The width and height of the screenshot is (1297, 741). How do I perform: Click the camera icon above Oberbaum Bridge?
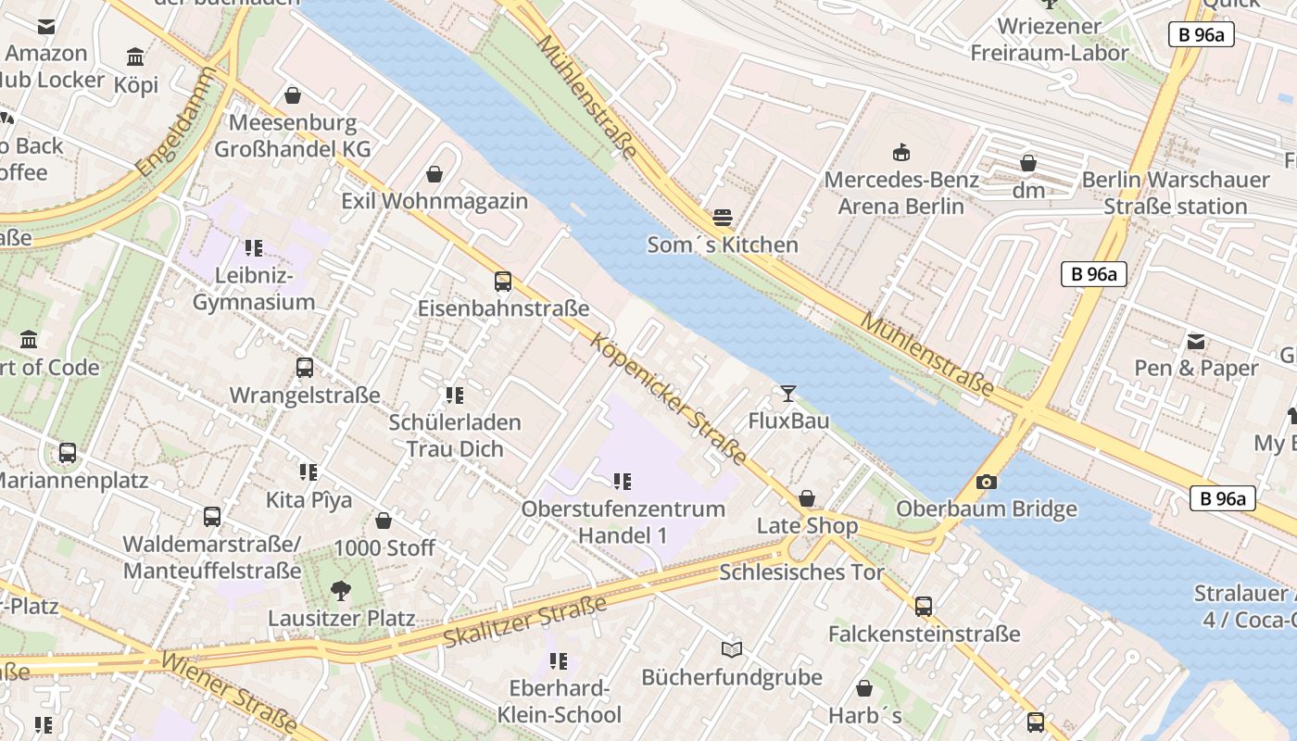click(987, 482)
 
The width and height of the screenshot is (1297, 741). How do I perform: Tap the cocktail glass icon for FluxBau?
click(787, 394)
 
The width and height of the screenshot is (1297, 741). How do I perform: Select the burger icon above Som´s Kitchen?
click(723, 218)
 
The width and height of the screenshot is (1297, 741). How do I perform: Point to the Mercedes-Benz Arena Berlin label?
click(901, 193)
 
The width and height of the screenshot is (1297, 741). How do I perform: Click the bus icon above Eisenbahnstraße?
click(503, 282)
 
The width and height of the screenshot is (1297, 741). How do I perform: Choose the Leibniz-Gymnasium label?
click(254, 289)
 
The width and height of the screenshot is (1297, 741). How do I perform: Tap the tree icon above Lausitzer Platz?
click(341, 591)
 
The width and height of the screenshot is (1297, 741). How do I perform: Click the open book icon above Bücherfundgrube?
click(732, 650)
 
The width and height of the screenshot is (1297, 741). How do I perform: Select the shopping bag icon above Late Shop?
click(807, 499)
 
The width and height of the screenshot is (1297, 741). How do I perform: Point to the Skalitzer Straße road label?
click(524, 622)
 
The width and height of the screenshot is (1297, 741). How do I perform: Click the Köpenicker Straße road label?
click(669, 398)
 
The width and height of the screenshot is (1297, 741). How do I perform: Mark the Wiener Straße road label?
click(230, 691)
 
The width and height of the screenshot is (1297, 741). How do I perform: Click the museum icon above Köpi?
click(136, 57)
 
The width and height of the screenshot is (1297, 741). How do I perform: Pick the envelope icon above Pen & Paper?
click(1196, 341)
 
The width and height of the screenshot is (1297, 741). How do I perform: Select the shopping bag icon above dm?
click(1028, 164)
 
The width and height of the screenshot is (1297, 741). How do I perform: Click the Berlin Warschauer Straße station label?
click(1176, 193)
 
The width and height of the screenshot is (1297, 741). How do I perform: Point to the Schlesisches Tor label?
click(802, 572)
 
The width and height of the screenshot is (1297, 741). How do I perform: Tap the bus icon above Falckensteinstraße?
click(924, 607)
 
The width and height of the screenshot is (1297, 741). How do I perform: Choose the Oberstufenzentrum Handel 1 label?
click(623, 522)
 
